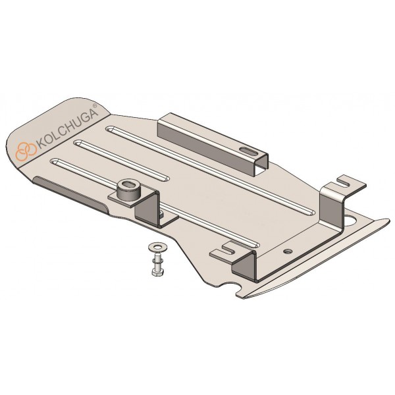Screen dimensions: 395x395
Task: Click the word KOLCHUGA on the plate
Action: click(67, 130)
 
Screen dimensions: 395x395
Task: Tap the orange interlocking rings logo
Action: click(26, 151)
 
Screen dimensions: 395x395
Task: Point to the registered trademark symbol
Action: click(94, 106)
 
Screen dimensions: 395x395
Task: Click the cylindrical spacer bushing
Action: click(129, 190)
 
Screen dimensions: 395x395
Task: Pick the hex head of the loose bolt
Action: click(158, 272)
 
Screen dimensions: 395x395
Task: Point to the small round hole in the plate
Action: click(288, 251)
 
